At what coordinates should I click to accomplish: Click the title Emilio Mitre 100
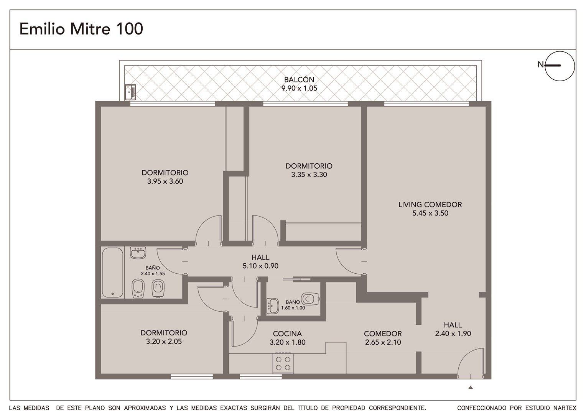click(81, 29)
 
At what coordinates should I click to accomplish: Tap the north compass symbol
click(560, 66)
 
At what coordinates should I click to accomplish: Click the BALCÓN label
click(299, 79)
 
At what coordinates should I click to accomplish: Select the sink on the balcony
click(130, 92)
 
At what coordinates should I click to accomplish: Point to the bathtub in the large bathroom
click(112, 273)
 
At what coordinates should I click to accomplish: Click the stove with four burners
click(283, 363)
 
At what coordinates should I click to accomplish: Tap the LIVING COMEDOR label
click(430, 205)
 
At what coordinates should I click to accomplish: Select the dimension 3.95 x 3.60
click(165, 181)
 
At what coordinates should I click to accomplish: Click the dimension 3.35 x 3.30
click(309, 174)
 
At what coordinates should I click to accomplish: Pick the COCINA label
click(287, 334)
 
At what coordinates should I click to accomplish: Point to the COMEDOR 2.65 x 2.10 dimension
click(383, 342)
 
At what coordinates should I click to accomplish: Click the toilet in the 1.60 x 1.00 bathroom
click(310, 299)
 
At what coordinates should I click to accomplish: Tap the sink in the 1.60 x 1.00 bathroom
click(273, 306)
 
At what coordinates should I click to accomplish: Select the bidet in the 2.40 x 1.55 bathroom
click(138, 289)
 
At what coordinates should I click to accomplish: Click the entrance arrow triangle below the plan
click(470, 388)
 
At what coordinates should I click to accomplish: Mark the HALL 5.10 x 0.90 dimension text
click(260, 266)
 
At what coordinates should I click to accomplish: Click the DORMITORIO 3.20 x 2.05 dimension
click(164, 341)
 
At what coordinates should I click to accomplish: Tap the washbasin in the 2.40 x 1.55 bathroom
click(138, 253)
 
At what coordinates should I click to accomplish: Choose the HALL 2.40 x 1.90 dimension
click(453, 333)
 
